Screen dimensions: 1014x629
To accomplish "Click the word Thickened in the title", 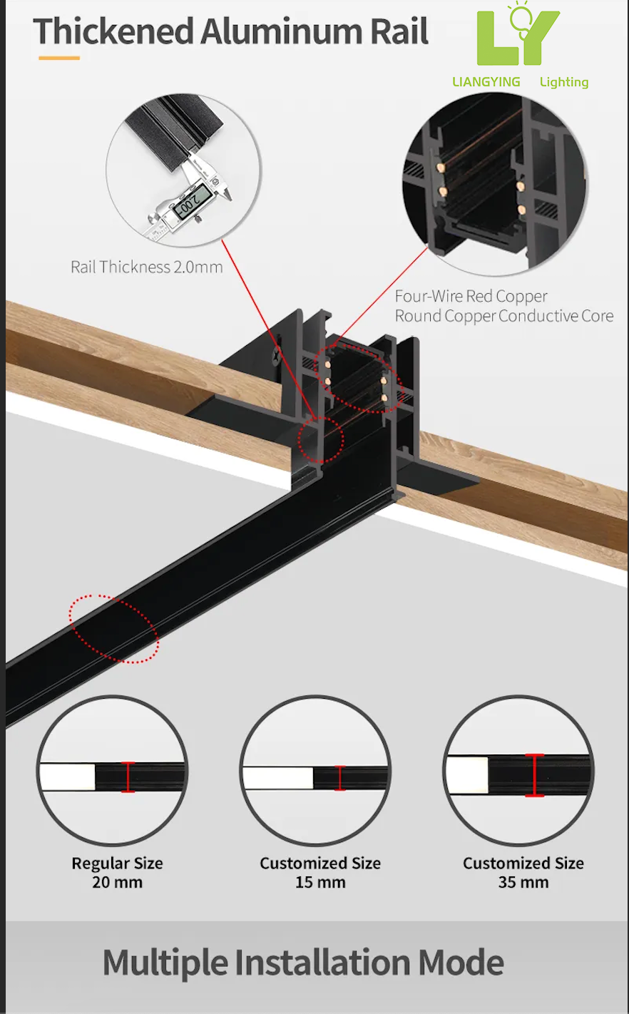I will pos(113,32).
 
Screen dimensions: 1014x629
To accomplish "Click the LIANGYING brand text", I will pos(486,82).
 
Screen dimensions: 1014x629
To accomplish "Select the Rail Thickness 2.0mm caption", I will pos(146,267).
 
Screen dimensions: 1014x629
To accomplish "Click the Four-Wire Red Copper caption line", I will pos(471,296).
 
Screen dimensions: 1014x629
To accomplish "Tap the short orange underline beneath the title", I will pos(58,58).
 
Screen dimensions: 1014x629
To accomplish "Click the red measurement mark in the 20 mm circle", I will pos(128,777).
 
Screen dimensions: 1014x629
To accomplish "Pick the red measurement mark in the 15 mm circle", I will pos(339,778).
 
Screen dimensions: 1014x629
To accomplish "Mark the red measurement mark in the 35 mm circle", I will pos(534,775).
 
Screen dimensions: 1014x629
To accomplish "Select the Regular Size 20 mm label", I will pos(117,872).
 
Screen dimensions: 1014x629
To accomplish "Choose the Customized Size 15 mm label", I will pos(320,872).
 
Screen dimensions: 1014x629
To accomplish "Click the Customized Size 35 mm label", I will pos(523,872).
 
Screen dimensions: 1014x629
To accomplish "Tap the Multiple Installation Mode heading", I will pos(303,963).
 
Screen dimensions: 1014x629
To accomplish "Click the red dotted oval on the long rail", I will pos(114,628).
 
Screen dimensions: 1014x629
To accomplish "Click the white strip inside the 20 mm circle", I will pos(68,777).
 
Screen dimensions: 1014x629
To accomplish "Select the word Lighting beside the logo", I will pos(564,82).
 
